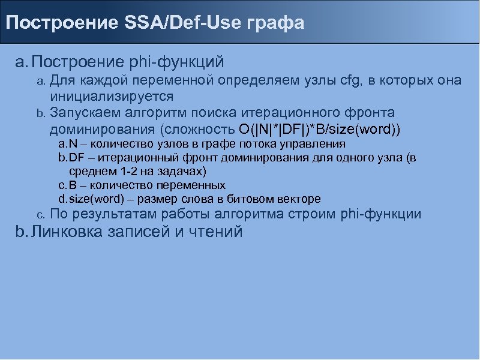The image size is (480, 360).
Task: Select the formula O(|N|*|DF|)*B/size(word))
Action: [320, 129]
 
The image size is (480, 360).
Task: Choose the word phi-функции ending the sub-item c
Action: [380, 214]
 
